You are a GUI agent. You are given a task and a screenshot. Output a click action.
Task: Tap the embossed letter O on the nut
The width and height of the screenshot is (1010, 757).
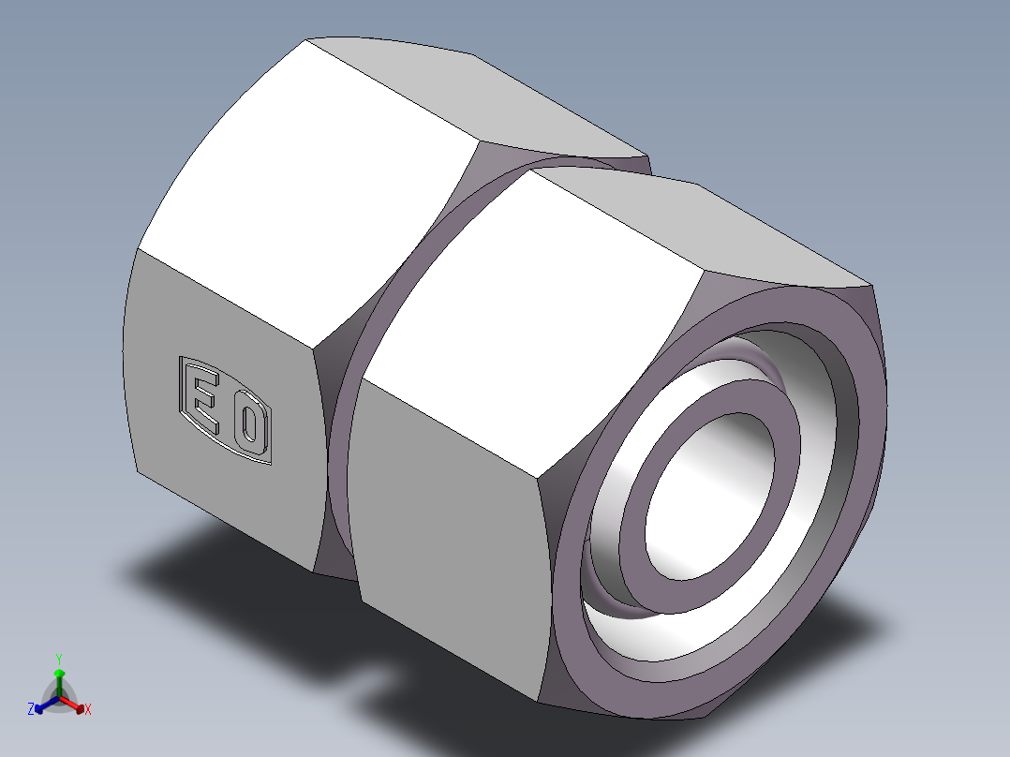[x=247, y=423]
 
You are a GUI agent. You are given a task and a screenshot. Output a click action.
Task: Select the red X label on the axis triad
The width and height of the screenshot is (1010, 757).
[x=88, y=710]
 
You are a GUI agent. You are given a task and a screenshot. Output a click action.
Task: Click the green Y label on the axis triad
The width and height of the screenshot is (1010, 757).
[x=58, y=658]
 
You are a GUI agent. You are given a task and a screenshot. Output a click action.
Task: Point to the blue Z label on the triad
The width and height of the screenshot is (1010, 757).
[x=31, y=710]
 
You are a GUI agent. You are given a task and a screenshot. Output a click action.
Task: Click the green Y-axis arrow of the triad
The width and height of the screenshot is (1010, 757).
[x=59, y=678]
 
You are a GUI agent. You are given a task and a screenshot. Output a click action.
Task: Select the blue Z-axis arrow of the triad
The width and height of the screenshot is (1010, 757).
[x=43, y=705]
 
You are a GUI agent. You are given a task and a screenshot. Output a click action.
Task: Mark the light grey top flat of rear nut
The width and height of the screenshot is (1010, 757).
[x=487, y=94]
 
